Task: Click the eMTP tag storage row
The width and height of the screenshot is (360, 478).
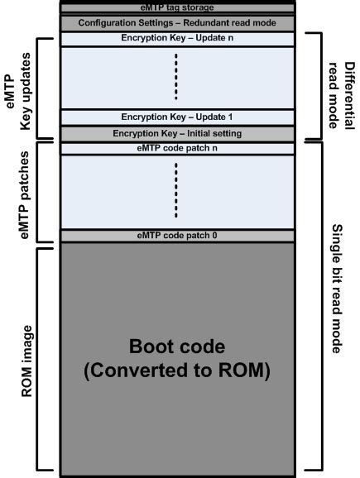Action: click(x=178, y=7)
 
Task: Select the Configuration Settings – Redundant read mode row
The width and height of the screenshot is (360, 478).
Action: click(x=178, y=23)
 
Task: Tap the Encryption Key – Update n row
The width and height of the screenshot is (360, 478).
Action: click(x=178, y=39)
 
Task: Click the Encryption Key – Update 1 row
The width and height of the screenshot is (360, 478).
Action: click(x=178, y=117)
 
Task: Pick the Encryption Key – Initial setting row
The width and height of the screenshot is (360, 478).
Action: click(x=178, y=133)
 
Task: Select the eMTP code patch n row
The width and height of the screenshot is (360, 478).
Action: click(x=178, y=149)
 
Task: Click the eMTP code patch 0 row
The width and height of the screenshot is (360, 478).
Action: click(x=178, y=236)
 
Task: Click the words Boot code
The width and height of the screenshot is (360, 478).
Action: click(x=178, y=344)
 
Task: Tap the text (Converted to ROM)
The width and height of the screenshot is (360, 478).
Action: click(x=178, y=370)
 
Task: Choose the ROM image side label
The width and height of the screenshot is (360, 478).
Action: click(x=24, y=356)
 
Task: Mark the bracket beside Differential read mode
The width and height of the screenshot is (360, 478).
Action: click(x=314, y=87)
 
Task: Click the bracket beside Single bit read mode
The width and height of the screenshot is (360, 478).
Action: click(x=315, y=306)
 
